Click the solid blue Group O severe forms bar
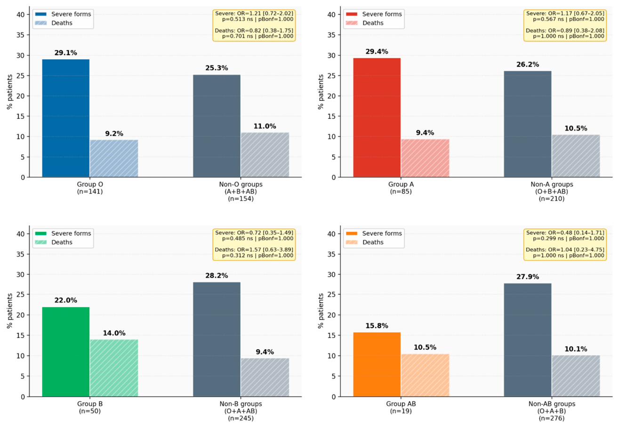click(66, 118)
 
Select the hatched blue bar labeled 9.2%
click(114, 158)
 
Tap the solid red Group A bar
click(377, 117)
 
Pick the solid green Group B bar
click(66, 352)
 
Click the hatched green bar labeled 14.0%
click(114, 368)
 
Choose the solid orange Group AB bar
click(377, 364)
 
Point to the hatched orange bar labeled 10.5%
click(425, 375)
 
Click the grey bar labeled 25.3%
click(217, 126)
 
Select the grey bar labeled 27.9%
click(528, 340)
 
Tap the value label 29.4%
click(377, 51)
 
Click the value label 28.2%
click(217, 276)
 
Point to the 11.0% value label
click(265, 126)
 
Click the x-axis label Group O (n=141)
click(90, 188)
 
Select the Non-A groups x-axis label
click(552, 191)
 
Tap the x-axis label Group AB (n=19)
click(401, 407)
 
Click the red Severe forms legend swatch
click(352, 14)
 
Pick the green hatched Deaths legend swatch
click(41, 242)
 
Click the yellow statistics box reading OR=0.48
click(565, 244)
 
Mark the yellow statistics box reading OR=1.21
click(254, 25)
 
